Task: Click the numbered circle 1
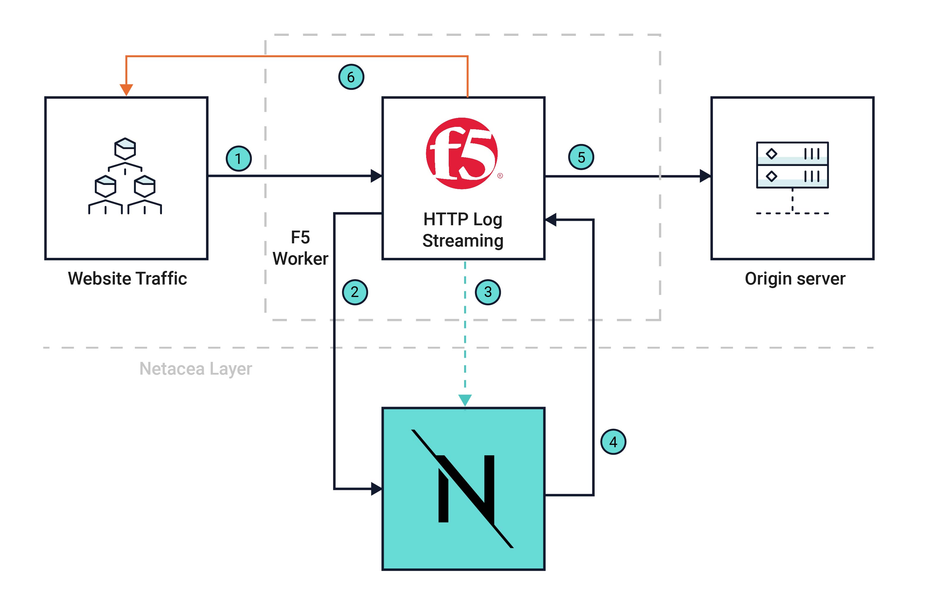coord(238,159)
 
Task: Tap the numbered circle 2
coord(355,292)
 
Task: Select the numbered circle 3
coord(488,292)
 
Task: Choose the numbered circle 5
coord(581,157)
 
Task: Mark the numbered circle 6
coord(351,77)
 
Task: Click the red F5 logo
coord(462,154)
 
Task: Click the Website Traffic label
coord(127,279)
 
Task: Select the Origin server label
coord(795,279)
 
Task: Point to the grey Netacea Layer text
coord(195,369)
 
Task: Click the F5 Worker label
coord(300,248)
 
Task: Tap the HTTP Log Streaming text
coord(463,230)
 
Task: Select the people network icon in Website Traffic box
coord(125,176)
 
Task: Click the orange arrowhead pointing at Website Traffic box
coord(126,90)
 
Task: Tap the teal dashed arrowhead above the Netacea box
coord(465,400)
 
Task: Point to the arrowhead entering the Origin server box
coord(705,176)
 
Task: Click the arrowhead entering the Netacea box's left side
coord(376,488)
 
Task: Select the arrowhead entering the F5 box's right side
coord(551,220)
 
